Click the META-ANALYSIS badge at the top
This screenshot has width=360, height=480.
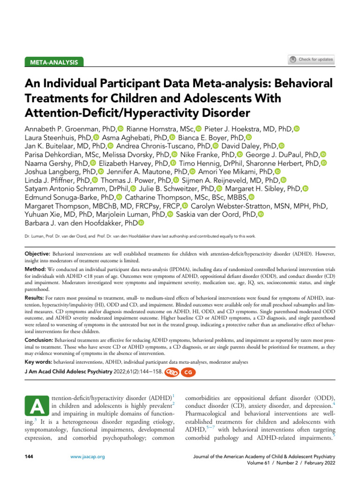tap(54, 62)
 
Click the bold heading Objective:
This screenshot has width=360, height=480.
tap(40, 253)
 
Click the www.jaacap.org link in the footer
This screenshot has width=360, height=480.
tap(88, 456)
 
